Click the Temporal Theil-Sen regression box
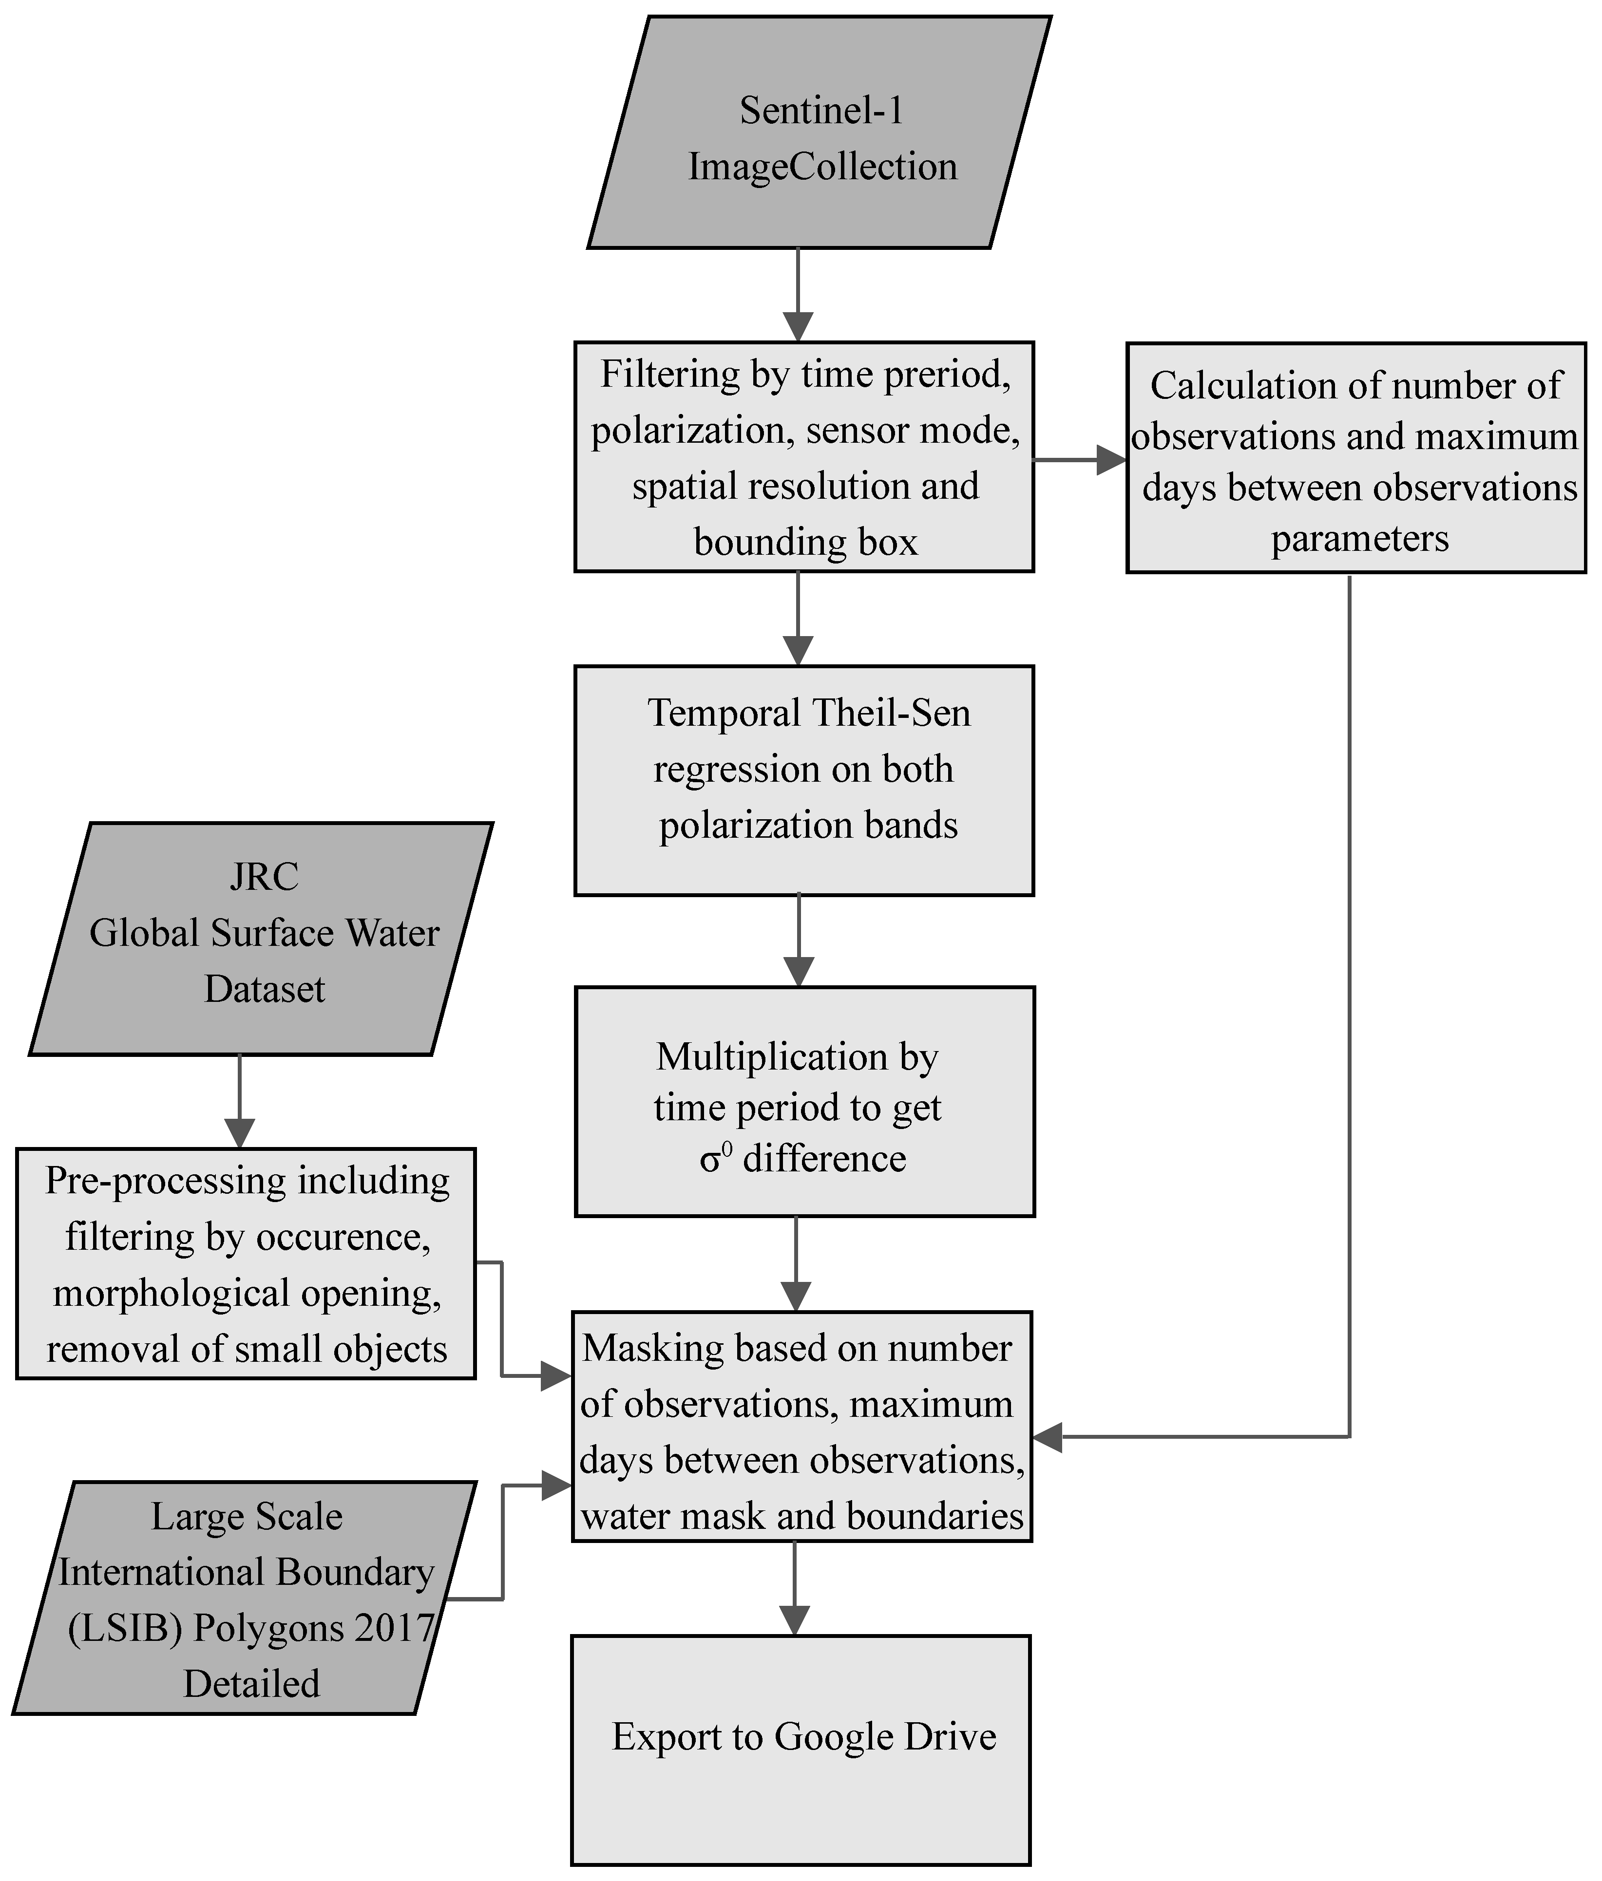click(x=804, y=781)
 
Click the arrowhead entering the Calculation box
click(x=1111, y=460)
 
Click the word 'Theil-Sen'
click(x=890, y=714)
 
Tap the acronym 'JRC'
click(x=264, y=877)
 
